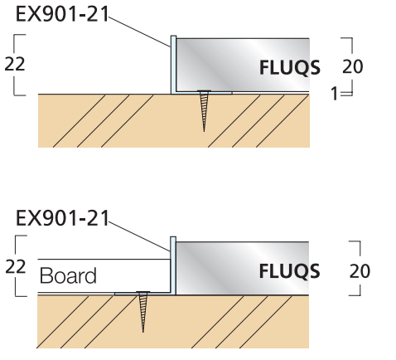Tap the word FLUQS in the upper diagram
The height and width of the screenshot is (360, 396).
pos(288,69)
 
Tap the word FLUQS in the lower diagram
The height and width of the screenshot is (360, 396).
pos(288,271)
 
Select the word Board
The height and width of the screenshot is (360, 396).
pos(68,276)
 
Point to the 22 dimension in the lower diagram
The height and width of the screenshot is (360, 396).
pos(15,267)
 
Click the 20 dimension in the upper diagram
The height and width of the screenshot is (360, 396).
pos(352,67)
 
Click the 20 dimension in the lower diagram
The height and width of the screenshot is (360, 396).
pos(360,271)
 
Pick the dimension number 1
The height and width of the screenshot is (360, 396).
pos(334,95)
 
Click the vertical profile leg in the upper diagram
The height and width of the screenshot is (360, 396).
pos(172,65)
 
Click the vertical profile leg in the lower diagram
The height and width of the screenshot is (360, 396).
pos(172,265)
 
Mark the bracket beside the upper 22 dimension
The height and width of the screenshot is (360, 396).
pos(20,65)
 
